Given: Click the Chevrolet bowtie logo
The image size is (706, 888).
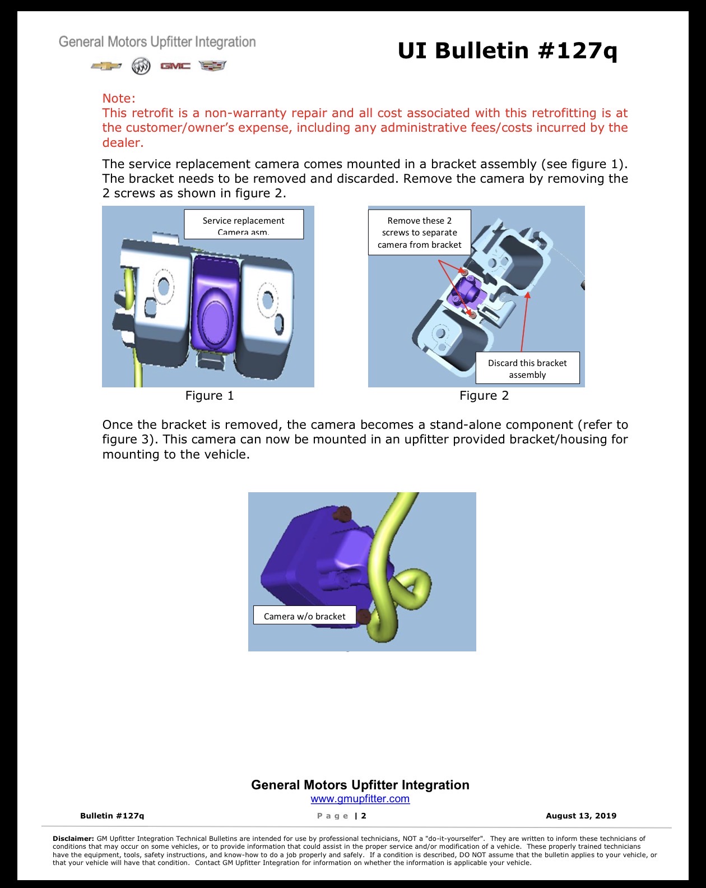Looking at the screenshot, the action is [106, 66].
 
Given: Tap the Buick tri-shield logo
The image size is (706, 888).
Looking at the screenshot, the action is [141, 66].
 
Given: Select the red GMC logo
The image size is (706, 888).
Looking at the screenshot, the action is [175, 66].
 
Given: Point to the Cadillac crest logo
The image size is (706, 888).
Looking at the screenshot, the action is [212, 66].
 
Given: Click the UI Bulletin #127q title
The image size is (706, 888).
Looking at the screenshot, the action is [507, 51].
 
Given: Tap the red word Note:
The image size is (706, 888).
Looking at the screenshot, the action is [119, 98].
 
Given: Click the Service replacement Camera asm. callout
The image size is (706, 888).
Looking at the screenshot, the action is [243, 224].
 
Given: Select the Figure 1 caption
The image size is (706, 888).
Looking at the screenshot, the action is [210, 395].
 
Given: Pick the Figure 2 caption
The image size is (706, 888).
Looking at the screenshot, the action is [484, 395].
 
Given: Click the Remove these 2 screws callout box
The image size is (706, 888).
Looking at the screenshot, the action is [419, 232].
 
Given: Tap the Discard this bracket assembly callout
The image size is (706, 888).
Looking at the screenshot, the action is [527, 368].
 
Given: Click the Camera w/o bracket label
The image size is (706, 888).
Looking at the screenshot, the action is [304, 616].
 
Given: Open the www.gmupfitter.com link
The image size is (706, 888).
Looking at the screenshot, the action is [360, 798].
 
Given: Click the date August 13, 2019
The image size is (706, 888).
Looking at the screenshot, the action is [581, 815].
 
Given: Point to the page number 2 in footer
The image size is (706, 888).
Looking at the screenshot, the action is [363, 816].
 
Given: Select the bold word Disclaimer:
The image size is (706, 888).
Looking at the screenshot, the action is [73, 838].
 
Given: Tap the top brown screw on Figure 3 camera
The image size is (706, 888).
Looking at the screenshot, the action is [342, 514].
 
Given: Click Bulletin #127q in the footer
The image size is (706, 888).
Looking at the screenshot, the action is [112, 815].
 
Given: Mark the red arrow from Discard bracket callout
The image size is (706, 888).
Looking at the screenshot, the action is [524, 322].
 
